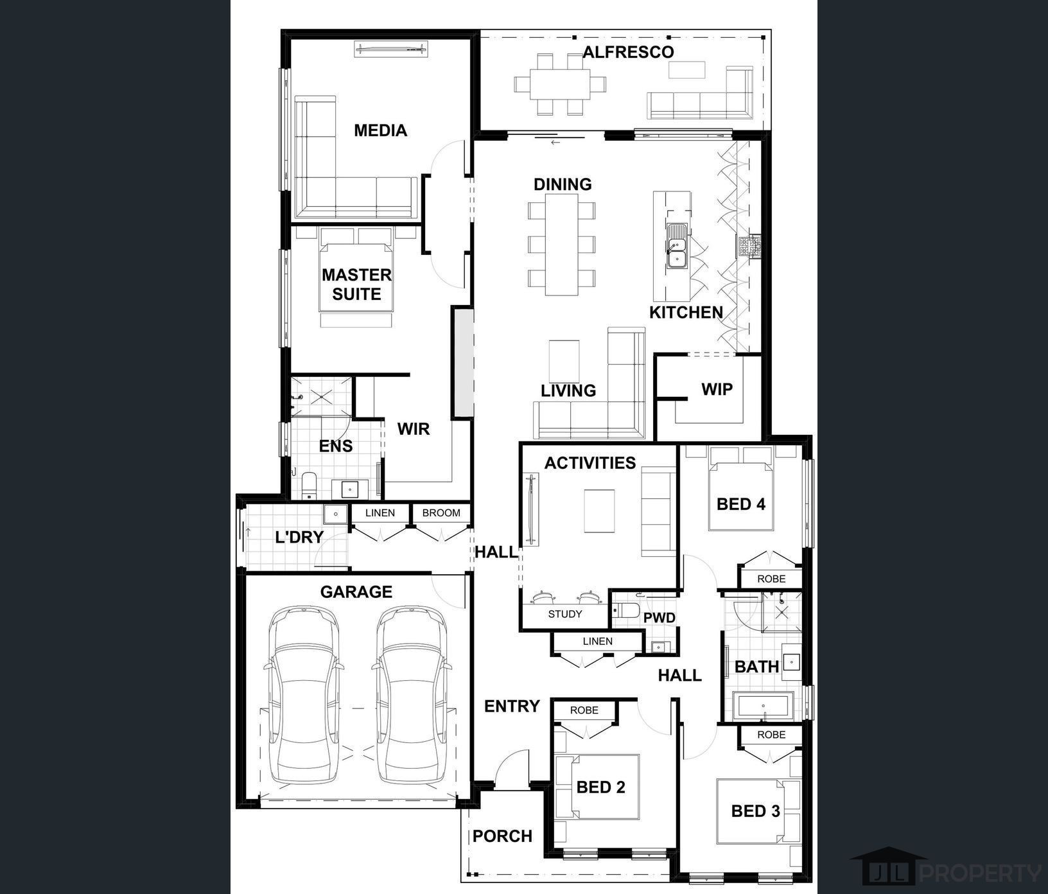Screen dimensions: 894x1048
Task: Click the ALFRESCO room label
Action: coord(628,53)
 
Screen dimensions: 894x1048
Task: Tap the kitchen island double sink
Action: coord(676,245)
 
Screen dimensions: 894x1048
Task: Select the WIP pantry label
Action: coord(717,389)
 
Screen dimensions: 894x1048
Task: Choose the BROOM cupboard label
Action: coord(441,513)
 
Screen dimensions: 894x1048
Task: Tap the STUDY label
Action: coord(564,614)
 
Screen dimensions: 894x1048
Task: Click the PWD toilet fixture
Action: coord(625,610)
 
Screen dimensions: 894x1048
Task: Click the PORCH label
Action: coord(502,836)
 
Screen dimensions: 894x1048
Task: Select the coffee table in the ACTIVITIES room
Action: coord(598,511)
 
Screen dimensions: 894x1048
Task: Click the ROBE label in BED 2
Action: coord(584,710)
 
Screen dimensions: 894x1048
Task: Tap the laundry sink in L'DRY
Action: coord(335,514)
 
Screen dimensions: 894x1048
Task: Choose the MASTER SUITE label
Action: coord(356,284)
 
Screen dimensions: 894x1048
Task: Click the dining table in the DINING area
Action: coord(562,244)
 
